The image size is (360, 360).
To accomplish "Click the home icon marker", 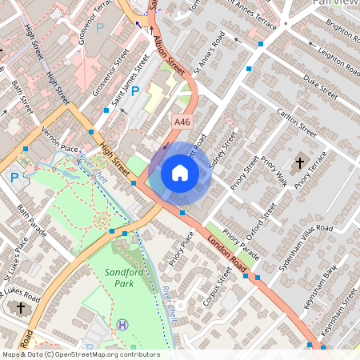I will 180,173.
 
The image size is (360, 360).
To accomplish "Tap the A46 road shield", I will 182,121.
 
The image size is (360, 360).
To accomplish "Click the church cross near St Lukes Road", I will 20,307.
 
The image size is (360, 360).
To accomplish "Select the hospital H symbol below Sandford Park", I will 122,324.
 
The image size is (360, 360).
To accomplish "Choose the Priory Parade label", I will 241,246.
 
